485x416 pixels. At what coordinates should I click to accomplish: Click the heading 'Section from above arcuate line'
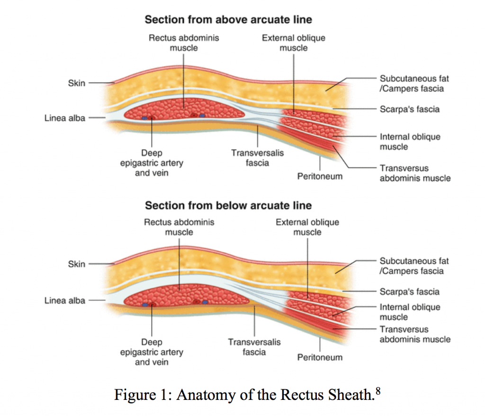click(228, 19)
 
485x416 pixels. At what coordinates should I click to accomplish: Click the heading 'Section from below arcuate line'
click(228, 205)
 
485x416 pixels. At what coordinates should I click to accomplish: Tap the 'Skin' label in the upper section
click(77, 83)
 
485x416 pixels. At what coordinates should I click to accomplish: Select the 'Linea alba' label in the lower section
click(65, 300)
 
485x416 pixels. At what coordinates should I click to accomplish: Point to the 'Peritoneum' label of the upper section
click(320, 176)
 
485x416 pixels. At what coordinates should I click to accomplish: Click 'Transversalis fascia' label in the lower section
click(254, 347)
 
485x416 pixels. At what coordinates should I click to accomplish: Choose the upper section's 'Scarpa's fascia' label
click(409, 109)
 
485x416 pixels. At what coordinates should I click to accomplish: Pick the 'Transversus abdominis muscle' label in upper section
click(415, 173)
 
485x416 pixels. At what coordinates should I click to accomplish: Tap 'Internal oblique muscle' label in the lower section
click(409, 312)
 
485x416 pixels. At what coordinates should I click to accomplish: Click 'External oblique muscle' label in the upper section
click(294, 43)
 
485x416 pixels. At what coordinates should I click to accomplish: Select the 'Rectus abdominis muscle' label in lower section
click(179, 227)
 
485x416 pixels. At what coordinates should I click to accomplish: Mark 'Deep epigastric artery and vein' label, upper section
click(152, 163)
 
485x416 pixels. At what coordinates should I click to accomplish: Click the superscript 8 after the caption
click(377, 390)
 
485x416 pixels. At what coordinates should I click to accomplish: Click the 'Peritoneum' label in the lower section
click(320, 357)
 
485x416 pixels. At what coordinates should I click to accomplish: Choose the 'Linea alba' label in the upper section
click(65, 118)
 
